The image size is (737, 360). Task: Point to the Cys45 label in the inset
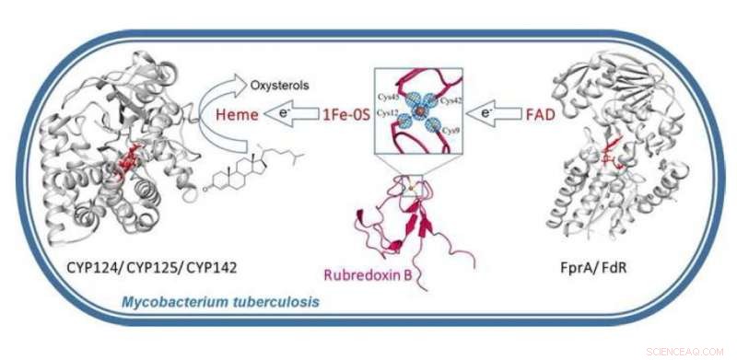(x=388, y=97)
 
